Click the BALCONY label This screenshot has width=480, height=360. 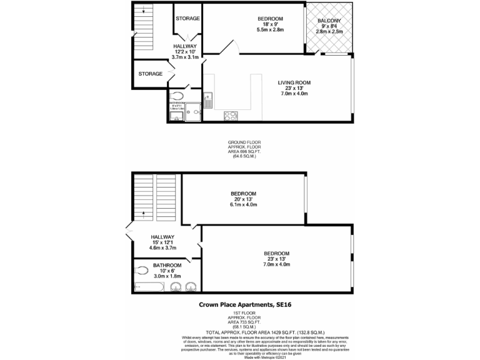(x=331, y=19)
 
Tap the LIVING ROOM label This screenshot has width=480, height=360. (x=294, y=82)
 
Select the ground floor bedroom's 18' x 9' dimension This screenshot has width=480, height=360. (x=271, y=25)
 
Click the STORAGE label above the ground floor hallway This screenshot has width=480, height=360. (x=187, y=19)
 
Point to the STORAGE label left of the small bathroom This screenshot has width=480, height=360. (x=150, y=74)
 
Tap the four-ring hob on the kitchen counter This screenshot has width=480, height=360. (x=229, y=115)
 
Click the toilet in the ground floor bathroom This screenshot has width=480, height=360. (x=178, y=96)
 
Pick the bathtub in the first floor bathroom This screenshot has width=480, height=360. (x=150, y=287)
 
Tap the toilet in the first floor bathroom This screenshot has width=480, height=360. (x=142, y=271)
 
